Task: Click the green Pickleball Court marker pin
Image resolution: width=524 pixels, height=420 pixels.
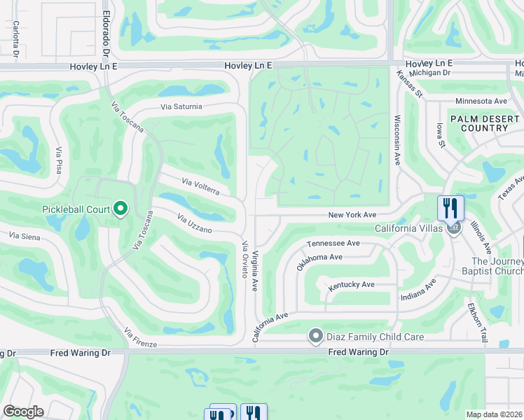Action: click(x=120, y=208)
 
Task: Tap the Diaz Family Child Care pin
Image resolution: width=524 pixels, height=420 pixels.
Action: click(x=316, y=337)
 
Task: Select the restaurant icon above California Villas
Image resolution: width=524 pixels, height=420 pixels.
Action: click(x=450, y=208)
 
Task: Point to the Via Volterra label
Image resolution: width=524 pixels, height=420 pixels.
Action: click(x=201, y=187)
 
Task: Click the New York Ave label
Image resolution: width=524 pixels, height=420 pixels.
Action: click(x=353, y=215)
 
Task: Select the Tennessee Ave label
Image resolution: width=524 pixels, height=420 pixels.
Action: click(x=333, y=243)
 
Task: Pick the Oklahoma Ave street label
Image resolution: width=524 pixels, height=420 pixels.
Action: click(x=319, y=262)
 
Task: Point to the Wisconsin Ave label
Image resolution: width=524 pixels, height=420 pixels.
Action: click(x=397, y=140)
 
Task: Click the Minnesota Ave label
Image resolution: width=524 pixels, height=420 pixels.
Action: click(x=481, y=101)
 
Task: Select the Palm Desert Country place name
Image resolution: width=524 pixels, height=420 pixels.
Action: click(x=479, y=124)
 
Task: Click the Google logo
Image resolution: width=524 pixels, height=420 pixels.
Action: click(x=23, y=412)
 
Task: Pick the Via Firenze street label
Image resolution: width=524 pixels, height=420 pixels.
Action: click(x=139, y=337)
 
